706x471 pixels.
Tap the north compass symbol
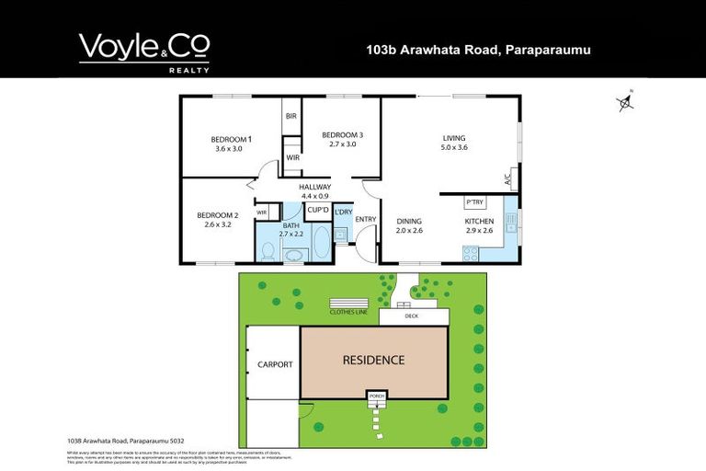(626, 103)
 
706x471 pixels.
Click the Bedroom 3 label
(342, 135)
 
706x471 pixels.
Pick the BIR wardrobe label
(291, 116)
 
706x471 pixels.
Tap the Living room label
(455, 138)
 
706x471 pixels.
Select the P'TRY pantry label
(474, 201)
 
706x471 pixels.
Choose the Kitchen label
(480, 222)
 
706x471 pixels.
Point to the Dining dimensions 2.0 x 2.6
(409, 231)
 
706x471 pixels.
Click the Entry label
(365, 219)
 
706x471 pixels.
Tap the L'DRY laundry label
(343, 213)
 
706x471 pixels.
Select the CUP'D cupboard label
(319, 209)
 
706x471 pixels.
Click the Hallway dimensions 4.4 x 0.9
(315, 196)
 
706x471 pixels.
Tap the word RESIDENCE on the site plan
(373, 360)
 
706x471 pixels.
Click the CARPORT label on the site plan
(274, 364)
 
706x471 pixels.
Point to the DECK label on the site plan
(410, 317)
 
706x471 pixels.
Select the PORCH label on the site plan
(375, 396)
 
